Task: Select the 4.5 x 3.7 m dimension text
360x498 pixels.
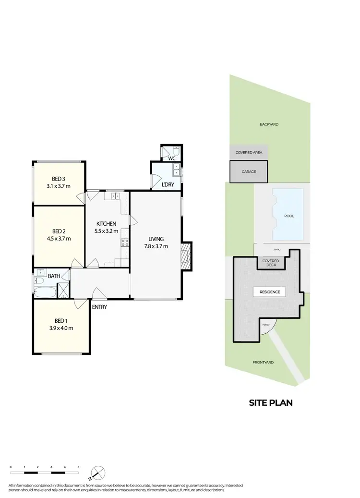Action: (x=59, y=238)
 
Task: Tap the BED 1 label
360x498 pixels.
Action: (x=60, y=321)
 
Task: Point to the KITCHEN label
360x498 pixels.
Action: (x=106, y=224)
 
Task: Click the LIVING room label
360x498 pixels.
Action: (x=156, y=239)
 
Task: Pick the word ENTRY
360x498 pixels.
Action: (x=99, y=307)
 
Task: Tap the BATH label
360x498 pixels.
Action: (x=54, y=276)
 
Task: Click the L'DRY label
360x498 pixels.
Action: (x=168, y=184)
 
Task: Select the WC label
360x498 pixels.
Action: (x=171, y=158)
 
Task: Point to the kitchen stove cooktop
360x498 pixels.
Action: (x=124, y=243)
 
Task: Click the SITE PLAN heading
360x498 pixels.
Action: (x=270, y=403)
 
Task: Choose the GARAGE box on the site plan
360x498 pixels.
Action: (x=249, y=171)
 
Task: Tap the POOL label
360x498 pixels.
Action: (x=289, y=216)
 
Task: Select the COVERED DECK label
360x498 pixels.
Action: (x=271, y=263)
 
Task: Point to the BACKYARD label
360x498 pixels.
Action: (x=269, y=124)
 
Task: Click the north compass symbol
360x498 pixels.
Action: (x=97, y=473)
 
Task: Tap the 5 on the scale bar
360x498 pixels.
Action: (x=78, y=467)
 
